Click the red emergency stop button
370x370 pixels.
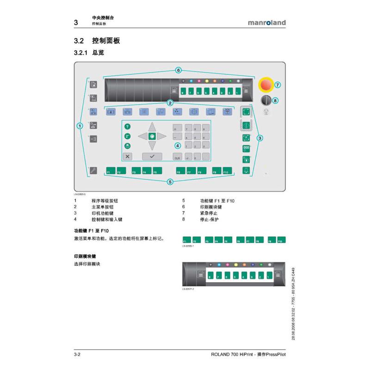pyautogui.click(x=266, y=85)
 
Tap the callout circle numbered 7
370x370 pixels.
pyautogui.click(x=277, y=85)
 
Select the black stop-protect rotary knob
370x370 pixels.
pyautogui.click(x=265, y=100)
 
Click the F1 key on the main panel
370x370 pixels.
pyautogui.click(x=111, y=170)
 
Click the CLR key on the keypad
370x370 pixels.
pyautogui.click(x=177, y=157)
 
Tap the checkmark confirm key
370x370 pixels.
pyautogui.click(x=152, y=156)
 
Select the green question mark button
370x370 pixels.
pyautogui.click(x=128, y=126)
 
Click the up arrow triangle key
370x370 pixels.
pyautogui.click(x=152, y=126)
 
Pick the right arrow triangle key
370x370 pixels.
pyautogui.click(x=162, y=136)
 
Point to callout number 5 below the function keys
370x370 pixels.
pyautogui.click(x=170, y=182)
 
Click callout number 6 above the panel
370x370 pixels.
pyautogui.click(x=178, y=70)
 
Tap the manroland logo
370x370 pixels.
pyautogui.click(x=267, y=22)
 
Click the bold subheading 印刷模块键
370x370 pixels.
pyautogui.click(x=85, y=256)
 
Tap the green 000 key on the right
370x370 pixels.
pyautogui.click(x=246, y=148)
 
